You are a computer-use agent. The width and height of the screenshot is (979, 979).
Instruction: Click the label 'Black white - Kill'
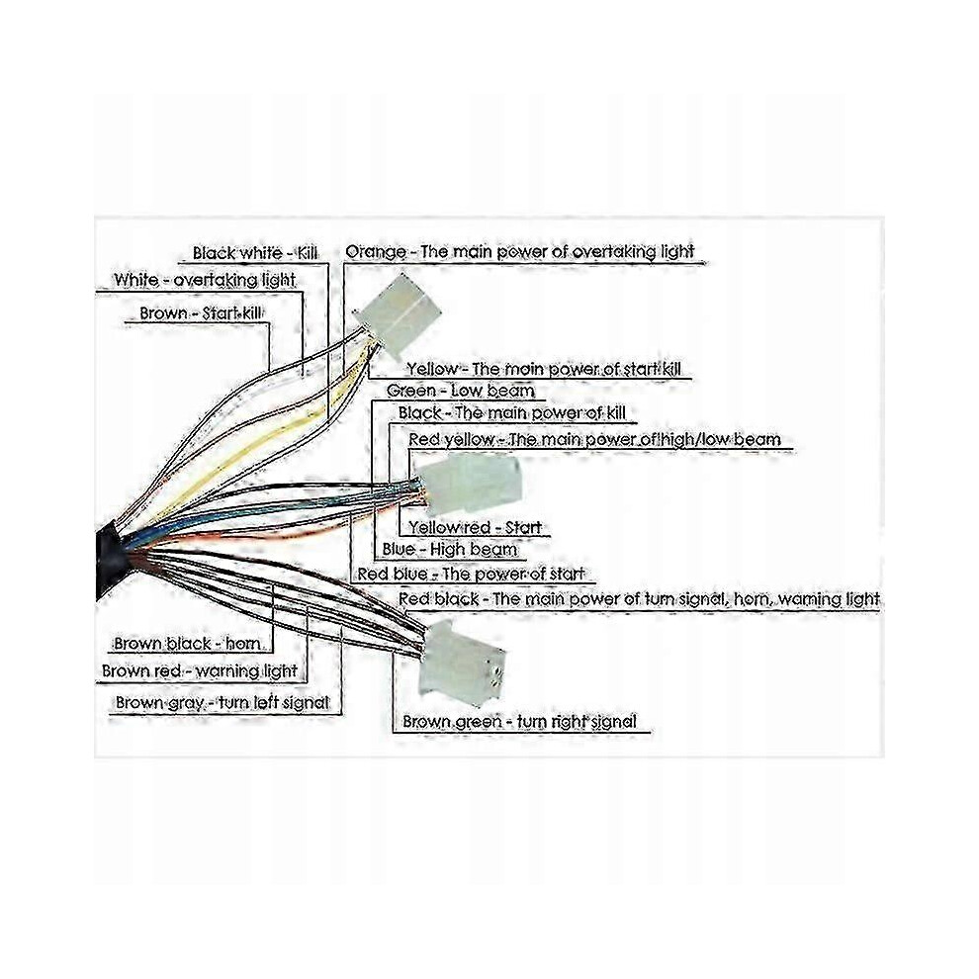tap(255, 253)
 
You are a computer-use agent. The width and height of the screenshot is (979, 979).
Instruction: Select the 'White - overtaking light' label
tap(204, 280)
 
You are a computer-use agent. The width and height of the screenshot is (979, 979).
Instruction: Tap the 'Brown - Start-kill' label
tap(201, 312)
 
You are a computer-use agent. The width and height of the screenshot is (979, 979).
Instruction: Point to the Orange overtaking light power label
tap(519, 251)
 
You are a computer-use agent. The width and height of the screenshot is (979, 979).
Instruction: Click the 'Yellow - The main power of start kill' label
tap(543, 369)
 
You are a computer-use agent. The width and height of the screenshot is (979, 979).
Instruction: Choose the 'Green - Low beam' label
tap(460, 391)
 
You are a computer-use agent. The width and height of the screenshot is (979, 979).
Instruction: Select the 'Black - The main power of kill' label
tap(511, 412)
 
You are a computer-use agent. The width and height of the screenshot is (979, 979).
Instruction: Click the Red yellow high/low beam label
tap(594, 439)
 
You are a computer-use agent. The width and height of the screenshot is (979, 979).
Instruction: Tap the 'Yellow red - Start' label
tap(475, 527)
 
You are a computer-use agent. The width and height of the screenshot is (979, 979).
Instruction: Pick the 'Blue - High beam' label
tap(450, 550)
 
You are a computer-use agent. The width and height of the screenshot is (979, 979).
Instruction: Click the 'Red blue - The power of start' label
tap(471, 574)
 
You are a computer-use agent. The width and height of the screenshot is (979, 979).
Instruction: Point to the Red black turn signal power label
tap(639, 598)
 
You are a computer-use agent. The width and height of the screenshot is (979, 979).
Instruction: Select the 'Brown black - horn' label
tap(187, 643)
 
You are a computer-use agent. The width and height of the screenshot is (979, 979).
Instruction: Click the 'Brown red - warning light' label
tap(199, 671)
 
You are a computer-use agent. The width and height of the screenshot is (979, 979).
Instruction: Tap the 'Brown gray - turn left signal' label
tap(222, 703)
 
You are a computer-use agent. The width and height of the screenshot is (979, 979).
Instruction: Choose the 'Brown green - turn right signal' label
tap(519, 722)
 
